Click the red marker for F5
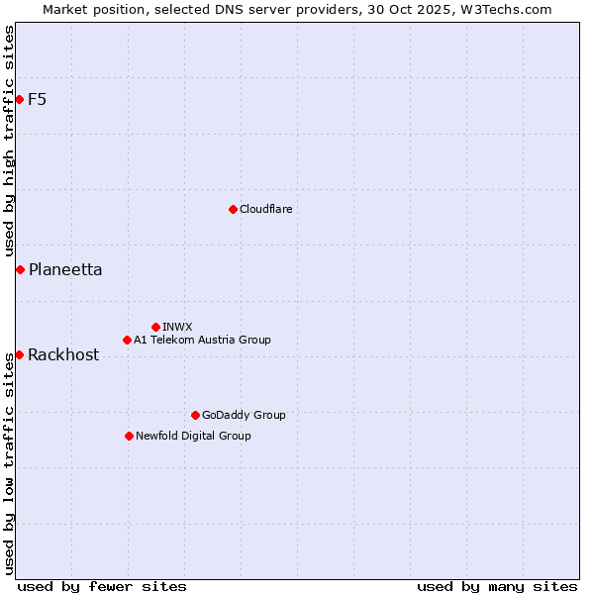pyautogui.click(x=19, y=99)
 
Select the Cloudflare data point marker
pyautogui.click(x=233, y=209)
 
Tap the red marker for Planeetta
pyautogui.click(x=20, y=269)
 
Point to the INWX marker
pyautogui.click(x=155, y=327)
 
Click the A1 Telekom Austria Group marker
pyautogui.click(x=127, y=340)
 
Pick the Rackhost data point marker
pyautogui.click(x=19, y=354)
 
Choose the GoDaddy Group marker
pyautogui.click(x=195, y=415)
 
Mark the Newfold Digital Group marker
pyautogui.click(x=129, y=436)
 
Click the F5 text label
pyautogui.click(x=38, y=99)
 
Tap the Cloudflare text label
pyautogui.click(x=265, y=209)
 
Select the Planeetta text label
pyautogui.click(x=65, y=269)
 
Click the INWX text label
pyautogui.click(x=177, y=327)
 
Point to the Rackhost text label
pyautogui.click(x=63, y=354)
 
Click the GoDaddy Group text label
pyautogui.click(x=244, y=415)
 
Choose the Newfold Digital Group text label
pyautogui.click(x=193, y=436)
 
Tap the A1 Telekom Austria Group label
pyautogui.click(x=202, y=340)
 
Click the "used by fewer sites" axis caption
pyautogui.click(x=102, y=586)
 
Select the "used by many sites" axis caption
pyautogui.click(x=497, y=586)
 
